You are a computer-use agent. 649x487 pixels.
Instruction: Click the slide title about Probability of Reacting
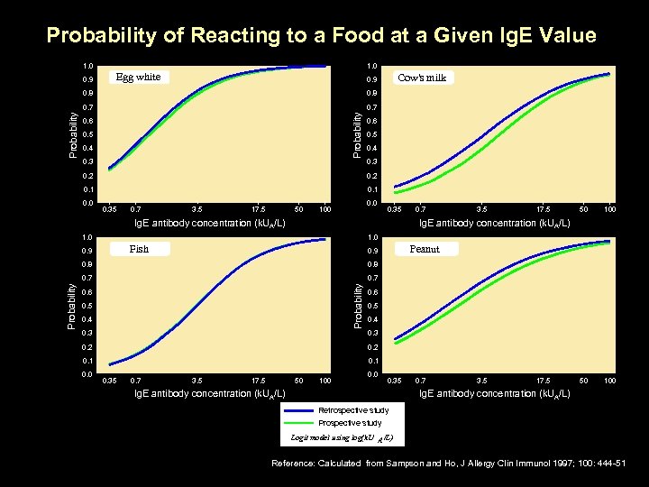click(321, 36)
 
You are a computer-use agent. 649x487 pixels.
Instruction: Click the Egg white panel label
click(138, 77)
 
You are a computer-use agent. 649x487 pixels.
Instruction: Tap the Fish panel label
click(139, 249)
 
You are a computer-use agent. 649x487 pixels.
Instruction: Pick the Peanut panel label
click(425, 249)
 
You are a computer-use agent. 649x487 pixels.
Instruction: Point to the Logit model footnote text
click(342, 437)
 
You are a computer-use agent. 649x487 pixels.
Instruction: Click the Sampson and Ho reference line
click(447, 463)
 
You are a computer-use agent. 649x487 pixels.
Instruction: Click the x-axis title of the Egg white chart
click(209, 222)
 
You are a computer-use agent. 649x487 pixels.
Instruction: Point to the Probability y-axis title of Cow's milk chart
click(358, 133)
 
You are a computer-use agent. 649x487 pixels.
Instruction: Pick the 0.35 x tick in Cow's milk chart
click(392, 208)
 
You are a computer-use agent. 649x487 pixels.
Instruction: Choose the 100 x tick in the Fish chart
click(325, 381)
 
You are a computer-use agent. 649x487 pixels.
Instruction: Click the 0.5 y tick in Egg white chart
click(87, 134)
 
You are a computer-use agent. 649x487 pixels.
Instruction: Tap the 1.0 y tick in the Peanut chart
click(372, 237)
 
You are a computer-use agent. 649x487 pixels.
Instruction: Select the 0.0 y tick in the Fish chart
click(87, 374)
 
